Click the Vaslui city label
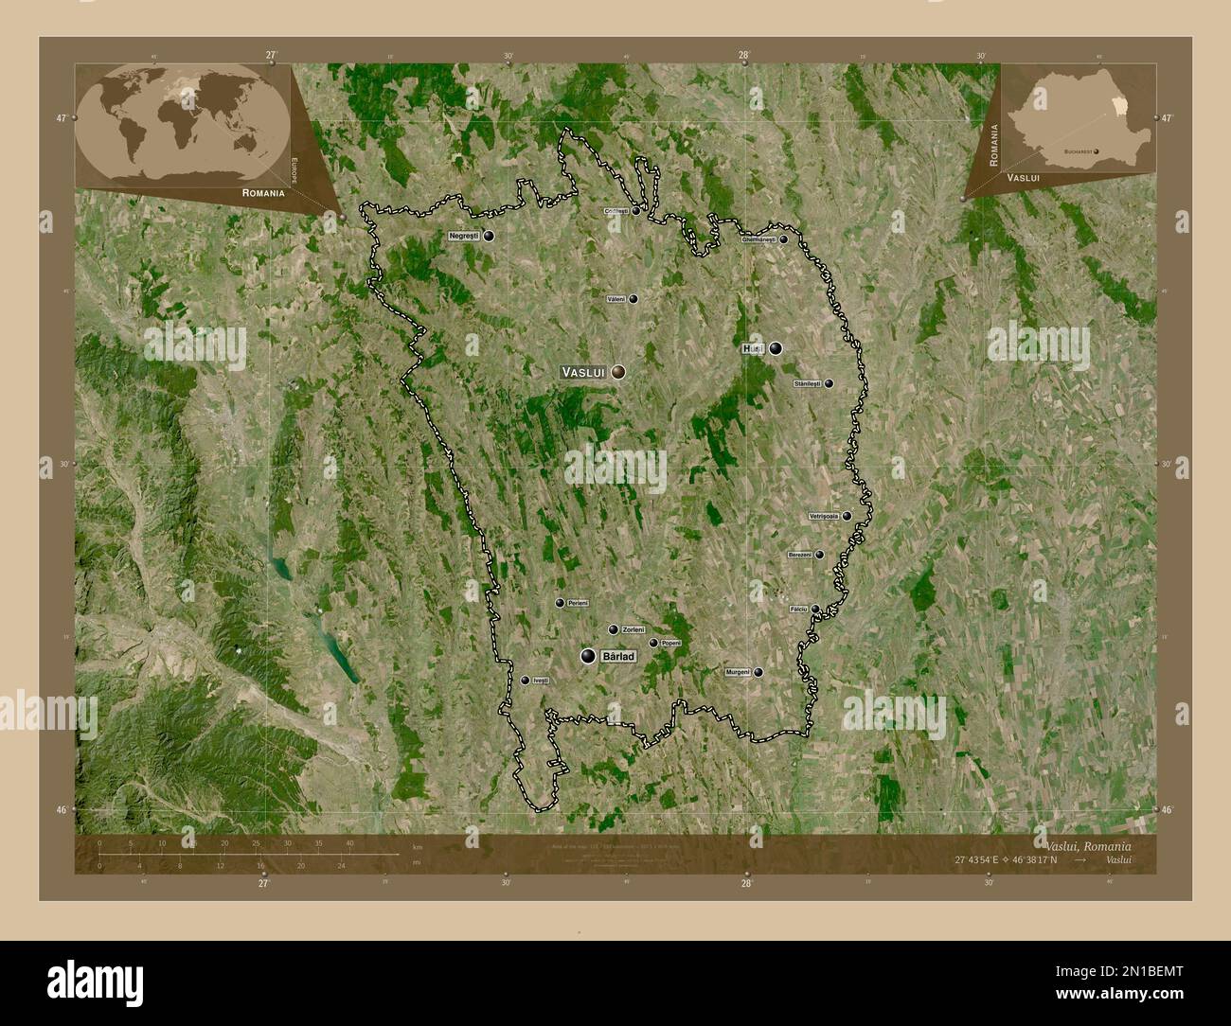(583, 373)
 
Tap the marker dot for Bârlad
(589, 656)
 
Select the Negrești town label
(466, 235)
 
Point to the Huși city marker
(776, 348)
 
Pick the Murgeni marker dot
(758, 672)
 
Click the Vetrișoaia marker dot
(847, 516)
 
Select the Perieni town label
(578, 603)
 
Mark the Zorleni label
(633, 629)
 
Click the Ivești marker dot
(526, 680)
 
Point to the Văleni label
(616, 299)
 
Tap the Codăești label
(615, 212)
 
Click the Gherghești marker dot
(784, 239)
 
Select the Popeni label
(671, 644)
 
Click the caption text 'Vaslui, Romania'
(1087, 844)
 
